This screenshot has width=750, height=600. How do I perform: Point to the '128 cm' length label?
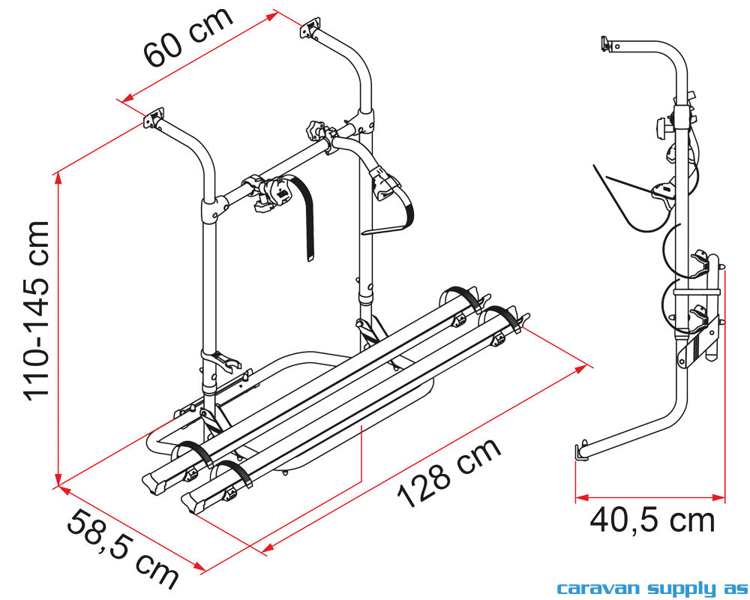(x=449, y=473)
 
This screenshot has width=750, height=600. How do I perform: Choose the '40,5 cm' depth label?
(x=652, y=520)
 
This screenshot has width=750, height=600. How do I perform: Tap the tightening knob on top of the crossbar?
(x=314, y=130)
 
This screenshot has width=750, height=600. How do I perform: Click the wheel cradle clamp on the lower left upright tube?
(x=226, y=362)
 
